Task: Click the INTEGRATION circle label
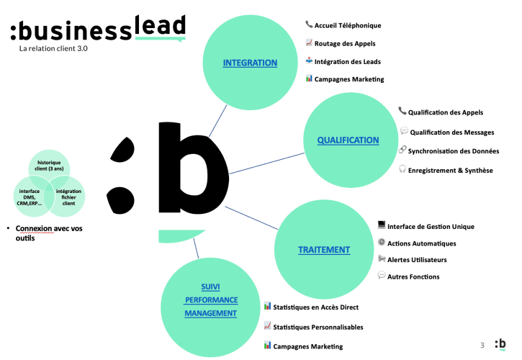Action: pyautogui.click(x=250, y=63)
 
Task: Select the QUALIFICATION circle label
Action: pyautogui.click(x=348, y=140)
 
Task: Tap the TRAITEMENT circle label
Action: pyautogui.click(x=324, y=250)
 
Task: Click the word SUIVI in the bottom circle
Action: pyautogui.click(x=211, y=286)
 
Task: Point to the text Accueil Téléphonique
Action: pyautogui.click(x=348, y=25)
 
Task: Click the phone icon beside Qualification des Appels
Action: pyautogui.click(x=402, y=111)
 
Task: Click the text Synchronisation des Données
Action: pyautogui.click(x=454, y=151)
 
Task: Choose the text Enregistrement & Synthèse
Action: pyautogui.click(x=451, y=170)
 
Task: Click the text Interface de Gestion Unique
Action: pyautogui.click(x=431, y=226)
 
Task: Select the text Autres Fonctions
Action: pyautogui.click(x=413, y=276)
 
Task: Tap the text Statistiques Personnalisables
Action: pyautogui.click(x=318, y=327)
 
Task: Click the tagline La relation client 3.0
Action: pyautogui.click(x=54, y=50)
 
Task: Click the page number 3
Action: pyautogui.click(x=482, y=344)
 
